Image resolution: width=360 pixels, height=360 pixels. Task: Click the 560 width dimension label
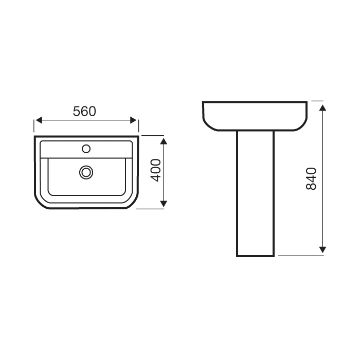(84, 111)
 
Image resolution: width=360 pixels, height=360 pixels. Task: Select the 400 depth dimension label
(156, 170)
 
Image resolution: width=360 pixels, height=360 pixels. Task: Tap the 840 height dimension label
(311, 179)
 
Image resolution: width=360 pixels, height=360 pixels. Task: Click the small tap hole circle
(86, 149)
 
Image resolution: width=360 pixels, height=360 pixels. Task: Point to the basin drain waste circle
(86, 172)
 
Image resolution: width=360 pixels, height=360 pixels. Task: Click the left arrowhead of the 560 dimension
(39, 120)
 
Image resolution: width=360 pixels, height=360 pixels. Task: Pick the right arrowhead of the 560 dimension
(133, 120)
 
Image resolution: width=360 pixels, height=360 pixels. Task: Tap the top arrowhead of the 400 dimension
(163, 141)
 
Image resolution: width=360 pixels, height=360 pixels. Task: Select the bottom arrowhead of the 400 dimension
(163, 203)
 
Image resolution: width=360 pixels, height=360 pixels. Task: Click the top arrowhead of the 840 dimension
(322, 108)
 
